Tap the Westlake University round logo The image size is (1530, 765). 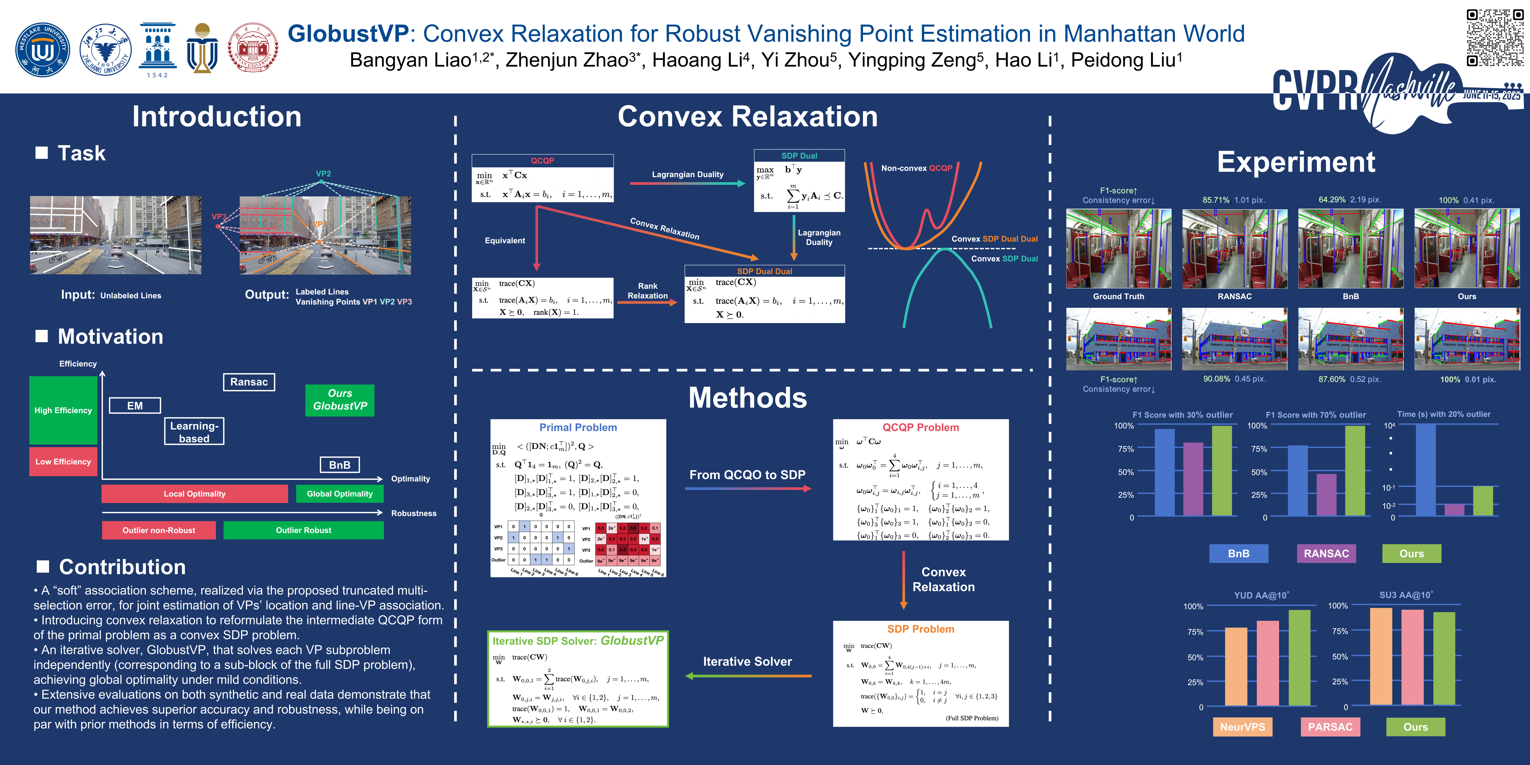click(x=42, y=51)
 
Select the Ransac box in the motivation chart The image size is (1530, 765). click(x=249, y=382)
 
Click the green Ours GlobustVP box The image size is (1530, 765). click(x=340, y=400)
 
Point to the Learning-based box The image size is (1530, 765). click(x=194, y=432)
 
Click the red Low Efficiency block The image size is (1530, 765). click(x=63, y=461)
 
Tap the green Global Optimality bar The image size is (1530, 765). click(x=339, y=494)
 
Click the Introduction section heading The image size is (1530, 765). click(x=217, y=117)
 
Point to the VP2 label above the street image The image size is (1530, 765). click(x=323, y=173)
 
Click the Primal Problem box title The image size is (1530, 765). click(x=578, y=428)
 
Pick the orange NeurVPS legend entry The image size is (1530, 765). click(x=1243, y=727)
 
